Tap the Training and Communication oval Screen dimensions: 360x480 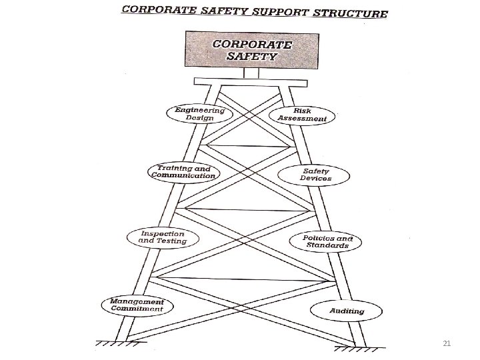coord(183,171)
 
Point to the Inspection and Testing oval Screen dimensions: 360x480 coord(162,237)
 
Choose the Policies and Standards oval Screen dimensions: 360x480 coord(327,241)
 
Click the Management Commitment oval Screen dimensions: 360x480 coord(137,305)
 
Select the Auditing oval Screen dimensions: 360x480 coord(346,311)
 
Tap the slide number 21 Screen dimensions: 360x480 coord(447,343)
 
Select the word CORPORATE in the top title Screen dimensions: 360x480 coord(157,10)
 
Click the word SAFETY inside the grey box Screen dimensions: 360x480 coord(251,57)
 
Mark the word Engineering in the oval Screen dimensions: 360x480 coord(199,109)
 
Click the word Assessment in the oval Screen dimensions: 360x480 coord(303,119)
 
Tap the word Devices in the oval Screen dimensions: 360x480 coord(315,178)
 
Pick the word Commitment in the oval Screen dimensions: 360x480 coord(137,309)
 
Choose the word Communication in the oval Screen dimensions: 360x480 coord(183,175)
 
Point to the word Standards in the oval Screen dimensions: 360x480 coord(327,245)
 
